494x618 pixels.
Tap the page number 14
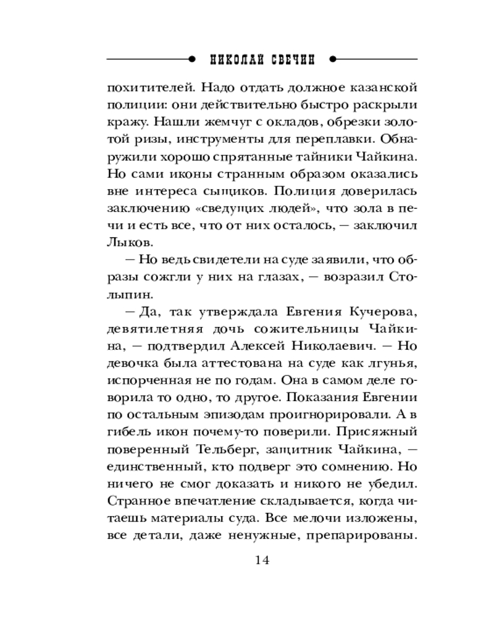click(262, 561)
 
